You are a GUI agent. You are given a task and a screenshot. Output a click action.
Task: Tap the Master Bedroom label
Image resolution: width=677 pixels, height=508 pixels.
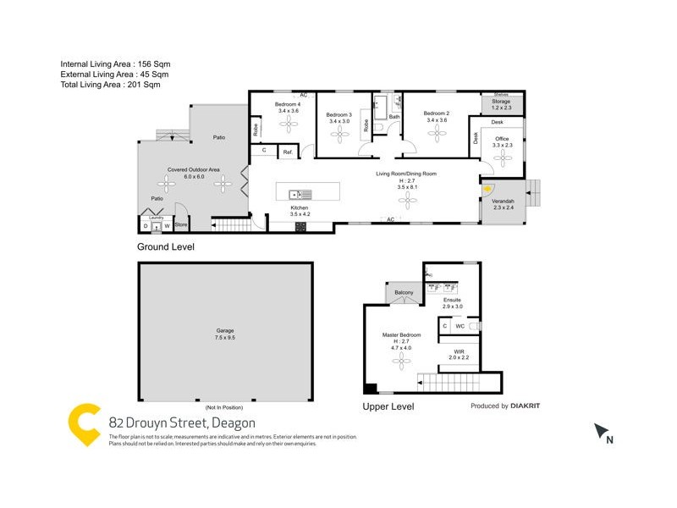tap(400, 335)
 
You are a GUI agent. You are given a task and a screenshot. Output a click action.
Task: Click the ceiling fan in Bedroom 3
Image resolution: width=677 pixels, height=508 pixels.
tap(344, 137)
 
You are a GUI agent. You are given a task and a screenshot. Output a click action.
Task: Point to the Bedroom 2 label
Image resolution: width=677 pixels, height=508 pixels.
tap(436, 113)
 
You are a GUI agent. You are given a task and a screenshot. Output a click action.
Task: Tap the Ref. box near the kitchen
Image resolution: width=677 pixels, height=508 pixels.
tap(288, 152)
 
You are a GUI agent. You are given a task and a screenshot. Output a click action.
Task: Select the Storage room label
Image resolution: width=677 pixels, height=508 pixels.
tap(501, 102)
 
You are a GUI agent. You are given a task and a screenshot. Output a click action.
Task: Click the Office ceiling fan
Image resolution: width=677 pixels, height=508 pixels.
tap(503, 157)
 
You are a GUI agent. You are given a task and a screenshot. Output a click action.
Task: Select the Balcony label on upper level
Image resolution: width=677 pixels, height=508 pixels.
tap(404, 293)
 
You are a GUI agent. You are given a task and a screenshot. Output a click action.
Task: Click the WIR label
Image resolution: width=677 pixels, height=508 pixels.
tap(457, 351)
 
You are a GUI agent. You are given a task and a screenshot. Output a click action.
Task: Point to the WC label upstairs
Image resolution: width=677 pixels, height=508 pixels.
tap(460, 325)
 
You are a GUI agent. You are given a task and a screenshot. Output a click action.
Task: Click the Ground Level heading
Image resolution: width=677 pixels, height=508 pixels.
tap(166, 247)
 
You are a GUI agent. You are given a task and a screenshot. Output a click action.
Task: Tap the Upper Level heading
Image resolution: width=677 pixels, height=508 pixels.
tap(388, 406)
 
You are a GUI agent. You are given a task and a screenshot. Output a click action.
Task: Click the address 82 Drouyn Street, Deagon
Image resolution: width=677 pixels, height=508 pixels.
tap(182, 422)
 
